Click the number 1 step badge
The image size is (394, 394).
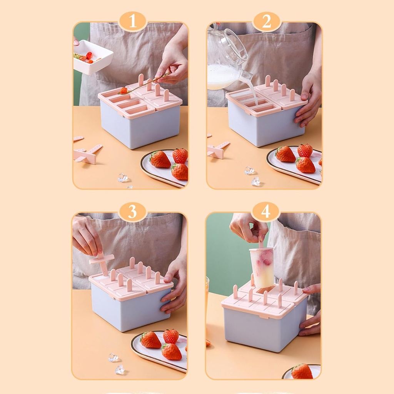(133, 22)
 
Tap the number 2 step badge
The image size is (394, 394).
(266, 22)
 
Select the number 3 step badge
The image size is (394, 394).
(132, 212)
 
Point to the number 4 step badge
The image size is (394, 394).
(265, 212)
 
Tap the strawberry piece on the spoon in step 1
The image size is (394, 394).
(123, 90)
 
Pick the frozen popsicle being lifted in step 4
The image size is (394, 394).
(262, 267)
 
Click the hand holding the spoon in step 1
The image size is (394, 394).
(172, 68)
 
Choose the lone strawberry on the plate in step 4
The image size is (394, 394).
(302, 371)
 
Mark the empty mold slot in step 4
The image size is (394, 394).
(265, 290)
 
